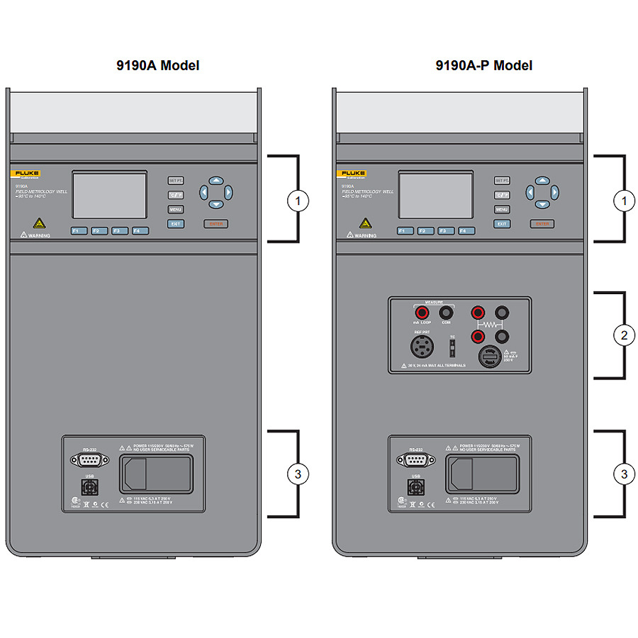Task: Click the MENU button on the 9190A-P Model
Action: [502, 209]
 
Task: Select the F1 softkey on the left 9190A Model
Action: [79, 230]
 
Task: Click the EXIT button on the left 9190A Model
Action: [176, 223]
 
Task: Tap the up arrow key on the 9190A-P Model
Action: [542, 181]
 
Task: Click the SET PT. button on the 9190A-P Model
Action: [502, 181]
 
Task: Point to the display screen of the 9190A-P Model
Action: [435, 194]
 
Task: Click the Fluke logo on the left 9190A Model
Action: [26, 174]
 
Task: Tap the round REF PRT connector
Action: [422, 347]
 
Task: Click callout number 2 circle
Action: [624, 335]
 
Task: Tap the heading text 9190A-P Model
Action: [484, 66]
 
